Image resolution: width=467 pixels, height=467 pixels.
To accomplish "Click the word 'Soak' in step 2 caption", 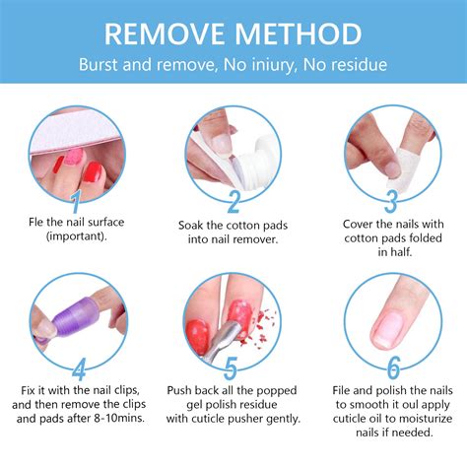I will pyautogui.click(x=195, y=224).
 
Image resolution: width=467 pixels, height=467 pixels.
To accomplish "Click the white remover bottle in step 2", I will pyautogui.click(x=248, y=148).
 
